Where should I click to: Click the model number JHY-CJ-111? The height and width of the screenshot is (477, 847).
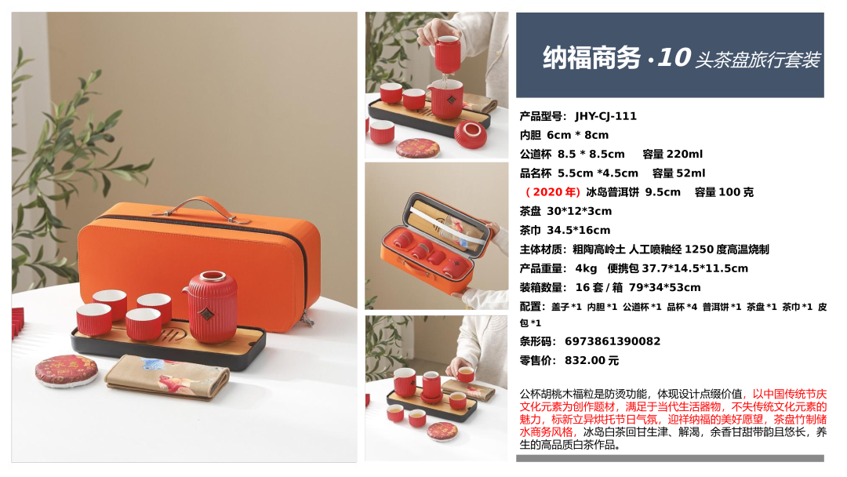[x=605, y=116]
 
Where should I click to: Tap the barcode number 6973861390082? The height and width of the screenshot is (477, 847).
[x=613, y=341]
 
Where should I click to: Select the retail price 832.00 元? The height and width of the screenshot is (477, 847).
[x=592, y=360]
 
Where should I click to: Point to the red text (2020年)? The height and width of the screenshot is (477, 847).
[x=553, y=192]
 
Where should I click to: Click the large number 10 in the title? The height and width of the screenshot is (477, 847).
[x=674, y=57]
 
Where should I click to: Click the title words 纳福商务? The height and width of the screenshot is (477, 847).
[x=591, y=58]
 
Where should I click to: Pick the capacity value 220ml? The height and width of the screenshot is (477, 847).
[x=685, y=154]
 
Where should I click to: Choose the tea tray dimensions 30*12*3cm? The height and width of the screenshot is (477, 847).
[x=579, y=211]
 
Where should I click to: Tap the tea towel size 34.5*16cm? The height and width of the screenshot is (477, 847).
[x=579, y=230]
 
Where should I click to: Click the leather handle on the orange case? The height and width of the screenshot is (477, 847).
[x=201, y=207]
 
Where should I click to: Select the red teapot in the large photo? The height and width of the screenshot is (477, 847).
[x=212, y=307]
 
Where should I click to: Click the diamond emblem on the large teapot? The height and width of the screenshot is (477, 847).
[x=205, y=314]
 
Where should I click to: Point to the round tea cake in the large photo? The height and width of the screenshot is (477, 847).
[x=67, y=370]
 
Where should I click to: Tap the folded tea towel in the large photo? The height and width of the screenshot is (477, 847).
[x=167, y=377]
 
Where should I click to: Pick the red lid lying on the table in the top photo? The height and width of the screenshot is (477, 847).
[x=470, y=133]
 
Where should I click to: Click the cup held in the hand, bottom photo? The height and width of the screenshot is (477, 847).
[x=465, y=374]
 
